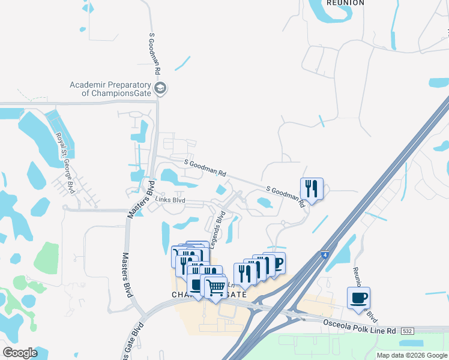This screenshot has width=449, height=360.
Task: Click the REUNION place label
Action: point(345,3)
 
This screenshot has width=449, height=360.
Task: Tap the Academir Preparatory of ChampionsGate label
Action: point(111,89)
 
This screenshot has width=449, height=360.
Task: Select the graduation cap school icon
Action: point(160,89)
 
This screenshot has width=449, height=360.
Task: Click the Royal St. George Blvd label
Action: point(65,154)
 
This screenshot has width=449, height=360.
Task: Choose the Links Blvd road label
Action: point(170,200)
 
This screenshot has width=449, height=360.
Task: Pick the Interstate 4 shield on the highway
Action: point(324,255)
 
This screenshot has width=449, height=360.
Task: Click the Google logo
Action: point(20,352)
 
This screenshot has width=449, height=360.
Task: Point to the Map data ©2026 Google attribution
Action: point(412,355)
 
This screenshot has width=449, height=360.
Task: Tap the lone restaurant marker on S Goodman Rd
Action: point(312,188)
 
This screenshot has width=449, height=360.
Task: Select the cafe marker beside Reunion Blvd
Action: point(358,298)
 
